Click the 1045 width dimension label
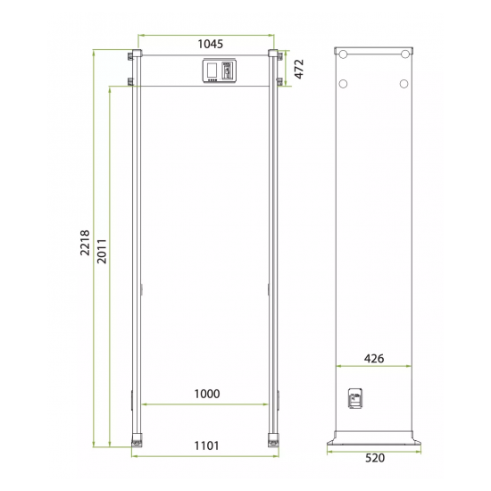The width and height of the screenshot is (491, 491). coord(211,44)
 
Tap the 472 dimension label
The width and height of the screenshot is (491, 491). coord(299,69)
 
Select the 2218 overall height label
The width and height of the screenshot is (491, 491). coord(85,243)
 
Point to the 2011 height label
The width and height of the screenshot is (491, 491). coord(102,251)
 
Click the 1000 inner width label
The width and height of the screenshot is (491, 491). coord(207,394)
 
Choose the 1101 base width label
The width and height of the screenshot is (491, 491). coord(207,445)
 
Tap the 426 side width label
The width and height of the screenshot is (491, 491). coord(374,358)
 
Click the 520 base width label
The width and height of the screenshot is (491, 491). coord(375,458)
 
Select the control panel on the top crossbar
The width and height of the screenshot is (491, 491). coord(220,71)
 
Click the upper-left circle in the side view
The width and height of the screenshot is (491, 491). coord(343,54)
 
